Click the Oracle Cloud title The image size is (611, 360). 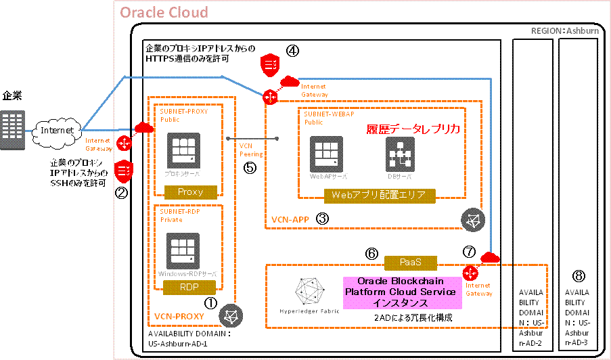pos(164,13)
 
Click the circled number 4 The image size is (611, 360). pos(292,50)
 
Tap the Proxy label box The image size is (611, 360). pos(190,192)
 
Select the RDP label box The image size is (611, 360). pos(190,288)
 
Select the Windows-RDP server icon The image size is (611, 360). pos(184,251)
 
